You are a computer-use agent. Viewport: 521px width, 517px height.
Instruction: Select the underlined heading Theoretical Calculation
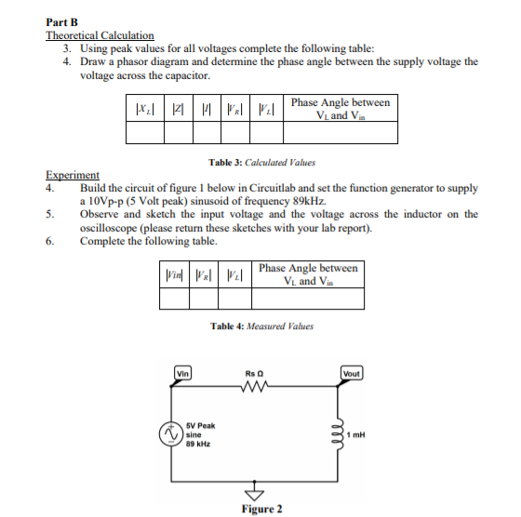tap(100, 35)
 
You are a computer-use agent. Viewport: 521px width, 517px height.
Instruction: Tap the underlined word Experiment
tap(73, 175)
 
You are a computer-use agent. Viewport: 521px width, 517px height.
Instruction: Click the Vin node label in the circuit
tap(182, 374)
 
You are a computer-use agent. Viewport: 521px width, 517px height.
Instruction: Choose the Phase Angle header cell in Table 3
tap(341, 108)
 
